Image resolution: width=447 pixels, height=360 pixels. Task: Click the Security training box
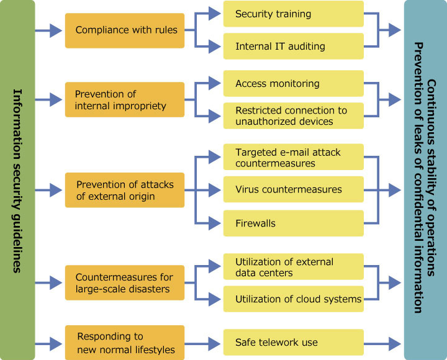[x=293, y=14]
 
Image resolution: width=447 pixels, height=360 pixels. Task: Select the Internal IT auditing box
[x=293, y=46]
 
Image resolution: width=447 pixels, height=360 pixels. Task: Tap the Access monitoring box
[x=293, y=84]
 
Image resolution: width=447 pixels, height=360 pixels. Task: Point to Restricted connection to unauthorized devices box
[x=293, y=116]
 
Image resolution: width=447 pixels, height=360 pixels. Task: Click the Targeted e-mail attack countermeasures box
[x=293, y=158]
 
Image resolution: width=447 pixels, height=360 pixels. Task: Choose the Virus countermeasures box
[x=293, y=189]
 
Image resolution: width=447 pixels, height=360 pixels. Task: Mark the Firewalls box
[x=293, y=222]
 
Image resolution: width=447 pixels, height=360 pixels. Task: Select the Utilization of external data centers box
[x=293, y=267]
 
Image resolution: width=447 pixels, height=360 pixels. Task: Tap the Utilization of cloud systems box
[x=293, y=299]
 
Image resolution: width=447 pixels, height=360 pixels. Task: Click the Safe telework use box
[x=293, y=343]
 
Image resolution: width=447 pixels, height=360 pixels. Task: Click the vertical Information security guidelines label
[x=17, y=180]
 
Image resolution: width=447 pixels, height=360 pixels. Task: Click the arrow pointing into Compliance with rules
[x=49, y=30]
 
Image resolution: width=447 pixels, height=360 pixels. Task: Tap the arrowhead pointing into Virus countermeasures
[x=214, y=189]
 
